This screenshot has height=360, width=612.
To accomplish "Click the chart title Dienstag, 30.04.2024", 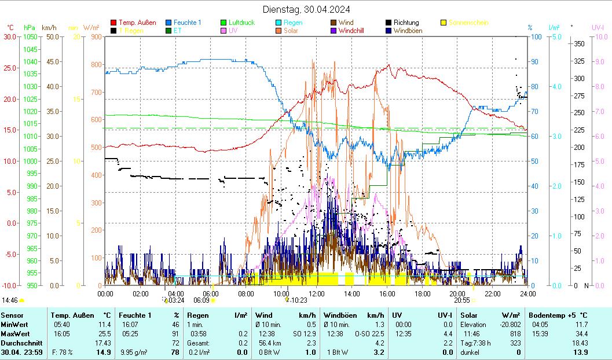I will pyautogui.click(x=306, y=9).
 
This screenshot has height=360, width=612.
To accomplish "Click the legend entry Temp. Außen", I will pyautogui.click(x=137, y=23).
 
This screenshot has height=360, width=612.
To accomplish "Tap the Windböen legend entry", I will pyautogui.click(x=407, y=31).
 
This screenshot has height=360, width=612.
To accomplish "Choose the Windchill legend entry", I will pyautogui.click(x=351, y=31).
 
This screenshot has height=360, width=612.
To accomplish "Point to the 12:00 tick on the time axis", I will pyautogui.click(x=317, y=293).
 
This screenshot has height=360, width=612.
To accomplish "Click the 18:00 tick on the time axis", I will pyautogui.click(x=422, y=293).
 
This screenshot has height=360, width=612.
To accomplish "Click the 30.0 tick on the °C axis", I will pyautogui.click(x=10, y=36).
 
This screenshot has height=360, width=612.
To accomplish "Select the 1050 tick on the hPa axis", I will pyautogui.click(x=30, y=36).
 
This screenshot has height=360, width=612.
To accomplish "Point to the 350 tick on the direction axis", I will pyautogui.click(x=578, y=44).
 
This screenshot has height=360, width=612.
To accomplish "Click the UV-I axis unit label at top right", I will pyautogui.click(x=598, y=27).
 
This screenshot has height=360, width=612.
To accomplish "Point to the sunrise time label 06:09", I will pyautogui.click(x=201, y=300).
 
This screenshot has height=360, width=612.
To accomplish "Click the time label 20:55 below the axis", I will pyautogui.click(x=461, y=300).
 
